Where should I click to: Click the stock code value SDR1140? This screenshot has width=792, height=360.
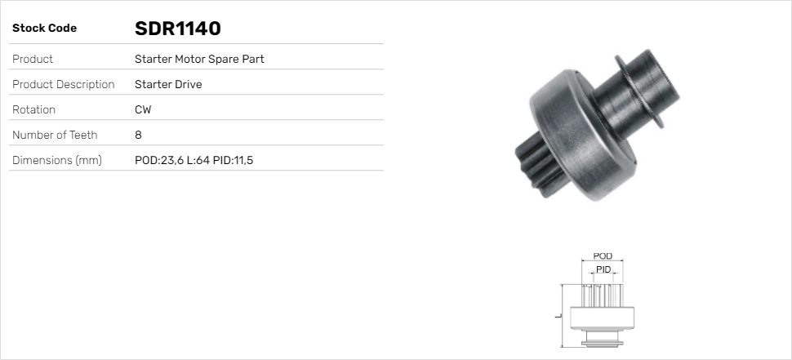[177, 29]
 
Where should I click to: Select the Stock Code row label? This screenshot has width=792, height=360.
[44, 29]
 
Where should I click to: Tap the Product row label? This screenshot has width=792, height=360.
[33, 59]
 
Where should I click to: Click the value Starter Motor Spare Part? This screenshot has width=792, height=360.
[199, 59]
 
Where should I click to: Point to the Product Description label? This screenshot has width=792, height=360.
[63, 84]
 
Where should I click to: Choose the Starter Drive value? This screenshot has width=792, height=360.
[168, 84]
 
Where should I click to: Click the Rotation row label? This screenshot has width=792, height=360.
[34, 109]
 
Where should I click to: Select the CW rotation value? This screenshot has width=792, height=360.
[143, 109]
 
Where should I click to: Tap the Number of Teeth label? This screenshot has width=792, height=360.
[55, 135]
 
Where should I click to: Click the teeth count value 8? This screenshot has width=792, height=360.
[138, 135]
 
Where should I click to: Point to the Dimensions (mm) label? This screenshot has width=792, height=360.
[56, 160]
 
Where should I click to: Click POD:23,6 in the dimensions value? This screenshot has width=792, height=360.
[158, 160]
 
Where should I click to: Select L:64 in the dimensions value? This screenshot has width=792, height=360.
[198, 160]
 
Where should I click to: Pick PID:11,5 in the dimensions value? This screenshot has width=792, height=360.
[234, 160]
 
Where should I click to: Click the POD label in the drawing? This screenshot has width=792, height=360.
[603, 256]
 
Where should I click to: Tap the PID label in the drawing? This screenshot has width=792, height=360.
[603, 269]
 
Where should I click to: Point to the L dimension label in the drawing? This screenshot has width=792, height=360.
[556, 314]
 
